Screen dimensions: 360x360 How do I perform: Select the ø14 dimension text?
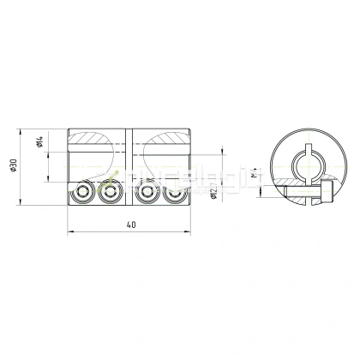click(40, 143)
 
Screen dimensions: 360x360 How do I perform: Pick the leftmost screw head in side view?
click(83, 194)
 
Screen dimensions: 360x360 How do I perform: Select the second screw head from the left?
click(109, 194)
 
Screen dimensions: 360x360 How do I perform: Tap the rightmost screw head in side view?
click(175, 194)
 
